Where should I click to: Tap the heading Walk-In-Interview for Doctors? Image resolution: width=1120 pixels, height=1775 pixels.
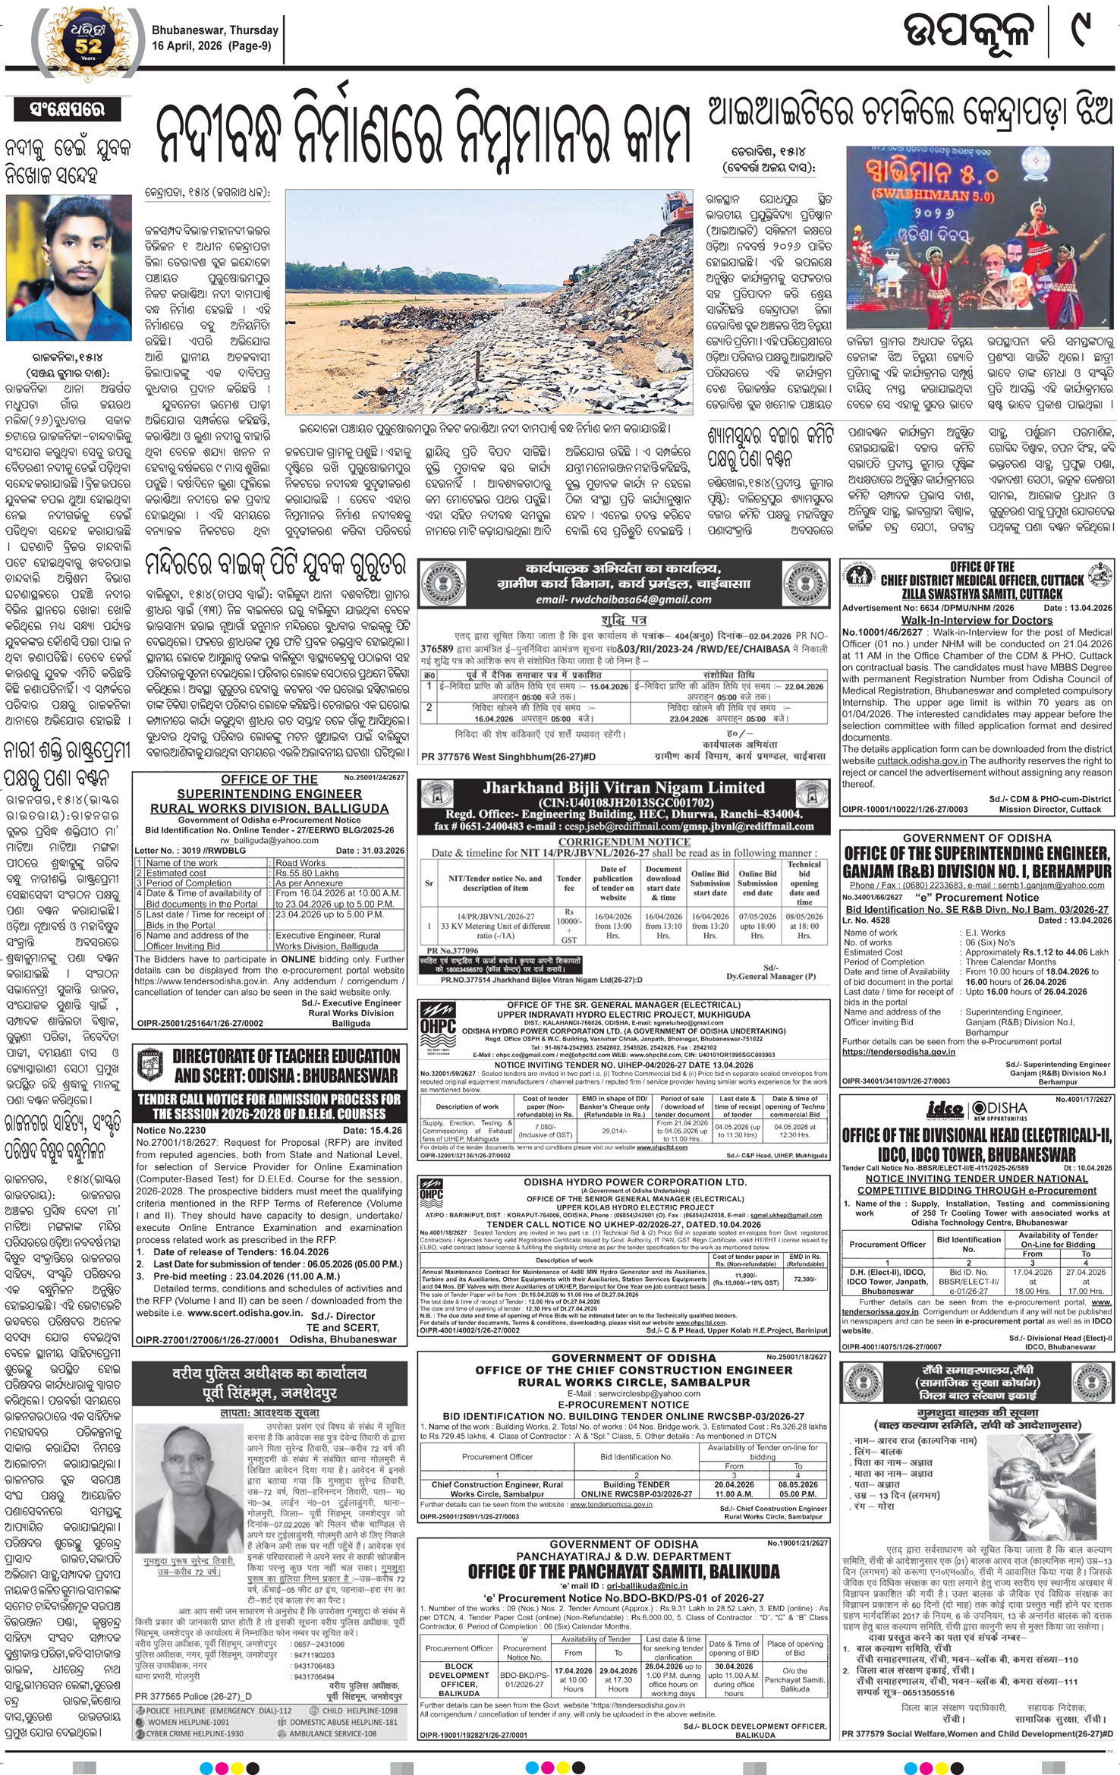977,620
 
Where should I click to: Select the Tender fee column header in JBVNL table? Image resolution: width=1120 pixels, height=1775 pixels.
569,883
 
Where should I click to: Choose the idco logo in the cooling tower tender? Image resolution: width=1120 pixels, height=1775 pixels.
945,1110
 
